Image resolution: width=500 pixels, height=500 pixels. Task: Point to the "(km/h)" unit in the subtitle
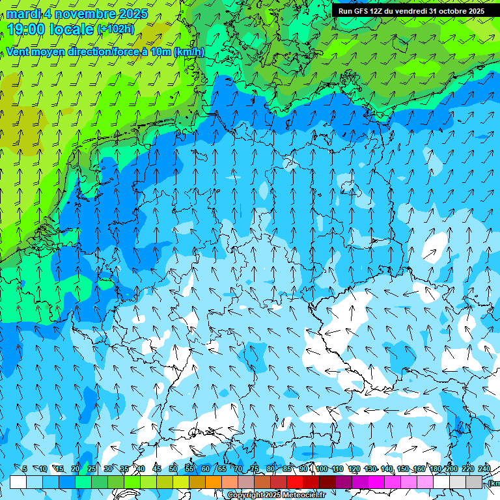(x=189, y=52)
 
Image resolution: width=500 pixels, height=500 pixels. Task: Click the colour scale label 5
(x=24, y=469)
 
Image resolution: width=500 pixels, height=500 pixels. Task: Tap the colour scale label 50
(x=173, y=469)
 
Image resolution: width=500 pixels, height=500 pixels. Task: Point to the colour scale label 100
(x=322, y=469)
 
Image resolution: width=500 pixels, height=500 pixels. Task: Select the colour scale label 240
(x=484, y=469)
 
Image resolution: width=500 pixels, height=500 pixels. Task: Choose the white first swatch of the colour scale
(x=18, y=482)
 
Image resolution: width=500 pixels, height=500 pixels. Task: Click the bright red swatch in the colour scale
(x=295, y=482)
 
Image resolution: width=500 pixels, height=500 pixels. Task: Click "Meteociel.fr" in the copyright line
(x=303, y=495)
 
